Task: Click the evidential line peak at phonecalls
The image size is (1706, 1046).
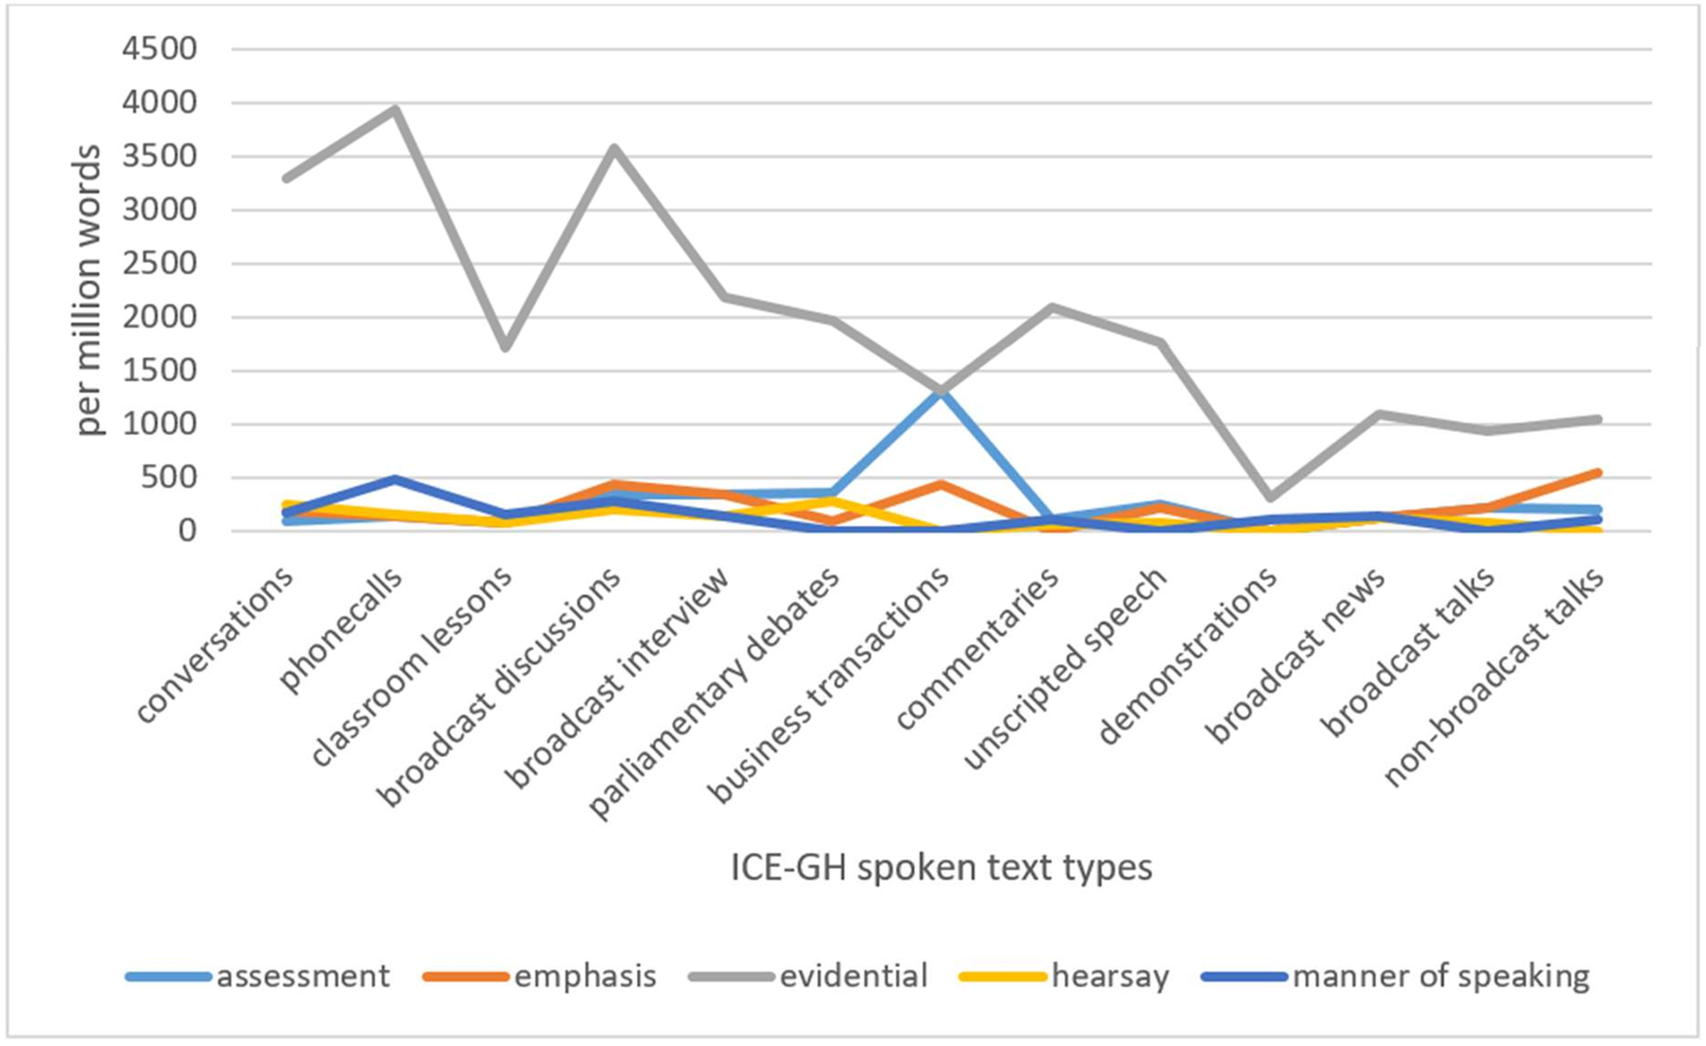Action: (395, 109)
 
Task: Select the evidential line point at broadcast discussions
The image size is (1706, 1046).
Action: (614, 148)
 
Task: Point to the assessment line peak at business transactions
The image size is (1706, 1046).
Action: (942, 390)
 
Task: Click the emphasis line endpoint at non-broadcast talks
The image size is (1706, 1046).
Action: (1598, 473)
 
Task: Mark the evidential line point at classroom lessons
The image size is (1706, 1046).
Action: (505, 347)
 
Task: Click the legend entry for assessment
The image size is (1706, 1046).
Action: (257, 976)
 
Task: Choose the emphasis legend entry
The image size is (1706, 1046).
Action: (539, 976)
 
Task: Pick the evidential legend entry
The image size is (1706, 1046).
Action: (808, 976)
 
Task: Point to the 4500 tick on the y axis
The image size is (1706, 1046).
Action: (159, 49)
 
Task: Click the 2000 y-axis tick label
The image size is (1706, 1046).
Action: (159, 317)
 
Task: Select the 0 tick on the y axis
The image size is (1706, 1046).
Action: (187, 532)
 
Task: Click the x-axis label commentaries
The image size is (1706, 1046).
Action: (978, 647)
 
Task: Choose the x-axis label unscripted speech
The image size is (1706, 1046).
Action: (1066, 668)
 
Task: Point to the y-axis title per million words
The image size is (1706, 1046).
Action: (88, 290)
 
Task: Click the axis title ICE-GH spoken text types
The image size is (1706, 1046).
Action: (941, 868)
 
